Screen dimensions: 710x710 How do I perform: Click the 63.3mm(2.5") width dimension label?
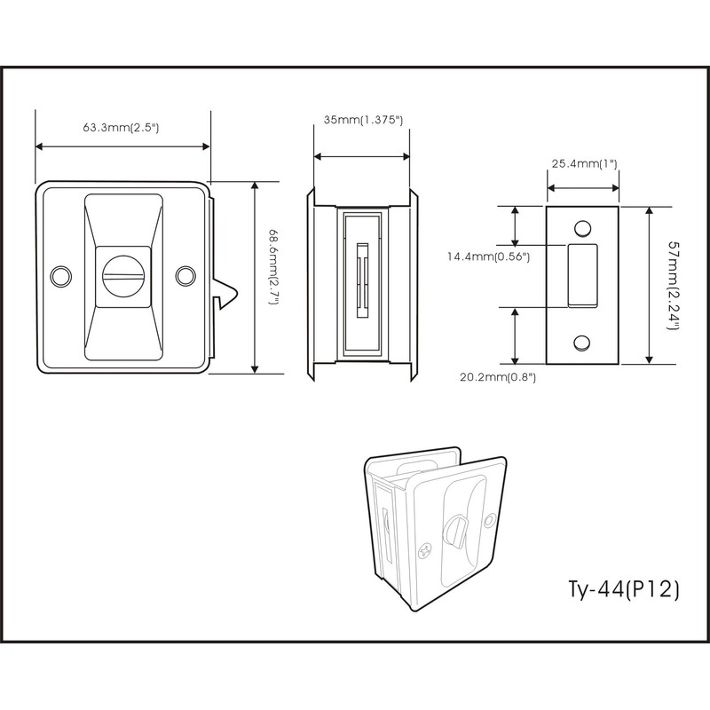[x=121, y=128]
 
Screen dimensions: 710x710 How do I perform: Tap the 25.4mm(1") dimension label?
[x=584, y=163]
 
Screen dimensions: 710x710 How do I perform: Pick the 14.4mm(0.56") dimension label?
[x=489, y=257]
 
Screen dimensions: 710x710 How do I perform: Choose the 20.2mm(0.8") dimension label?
[x=497, y=376]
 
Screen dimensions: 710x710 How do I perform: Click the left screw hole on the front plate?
[x=60, y=276]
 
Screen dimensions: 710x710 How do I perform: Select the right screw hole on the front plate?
[x=185, y=276]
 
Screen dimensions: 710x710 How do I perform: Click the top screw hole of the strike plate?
[x=582, y=229]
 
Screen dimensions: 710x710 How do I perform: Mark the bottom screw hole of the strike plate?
[x=582, y=342]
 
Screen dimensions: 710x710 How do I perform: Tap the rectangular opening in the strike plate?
[x=582, y=276]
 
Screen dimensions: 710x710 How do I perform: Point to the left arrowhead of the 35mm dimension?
[x=318, y=157]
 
